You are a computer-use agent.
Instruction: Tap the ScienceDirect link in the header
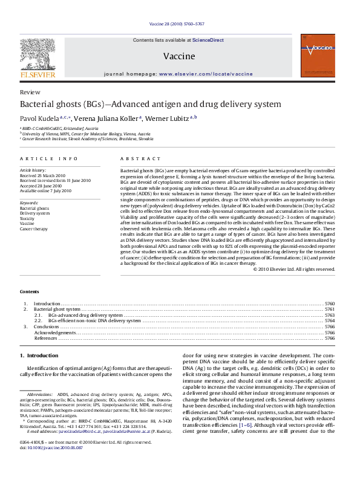(208, 40)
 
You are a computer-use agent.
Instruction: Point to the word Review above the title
(26, 92)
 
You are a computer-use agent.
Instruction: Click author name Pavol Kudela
(40, 118)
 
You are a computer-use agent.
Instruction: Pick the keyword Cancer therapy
(33, 229)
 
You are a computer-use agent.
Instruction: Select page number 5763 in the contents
(330, 315)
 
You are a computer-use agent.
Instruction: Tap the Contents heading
(30, 291)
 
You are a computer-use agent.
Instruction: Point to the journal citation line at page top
(180, 24)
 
